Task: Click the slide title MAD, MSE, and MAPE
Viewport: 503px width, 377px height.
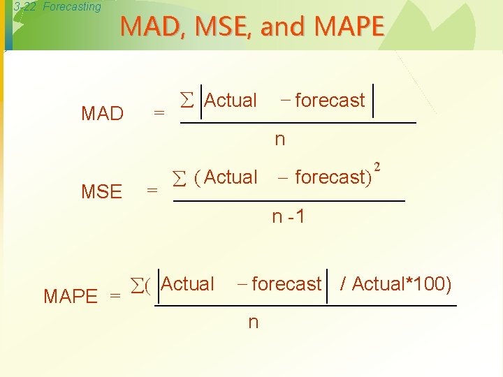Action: [252, 27]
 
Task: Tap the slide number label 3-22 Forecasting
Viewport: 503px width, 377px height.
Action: [57, 7]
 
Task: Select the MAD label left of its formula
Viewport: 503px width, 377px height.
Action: [102, 114]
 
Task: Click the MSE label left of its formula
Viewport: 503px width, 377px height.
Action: [101, 191]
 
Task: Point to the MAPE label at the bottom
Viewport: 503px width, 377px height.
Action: [71, 296]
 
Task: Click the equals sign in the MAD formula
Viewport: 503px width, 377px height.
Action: [159, 113]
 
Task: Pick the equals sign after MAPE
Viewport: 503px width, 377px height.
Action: [115, 296]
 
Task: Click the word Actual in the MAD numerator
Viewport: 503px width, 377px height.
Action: [231, 101]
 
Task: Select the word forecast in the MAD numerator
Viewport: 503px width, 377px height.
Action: [330, 101]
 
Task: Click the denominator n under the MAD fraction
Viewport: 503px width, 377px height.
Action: [279, 140]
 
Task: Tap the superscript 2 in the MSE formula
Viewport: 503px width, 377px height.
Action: [377, 167]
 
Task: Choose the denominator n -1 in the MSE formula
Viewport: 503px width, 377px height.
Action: [289, 217]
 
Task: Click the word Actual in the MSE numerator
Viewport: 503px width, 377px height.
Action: [231, 177]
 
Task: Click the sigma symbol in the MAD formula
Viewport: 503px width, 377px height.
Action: [186, 101]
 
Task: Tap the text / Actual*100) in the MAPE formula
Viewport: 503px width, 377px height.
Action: [395, 284]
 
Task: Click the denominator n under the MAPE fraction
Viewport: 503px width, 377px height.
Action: [253, 322]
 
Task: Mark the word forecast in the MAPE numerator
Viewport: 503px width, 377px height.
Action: [286, 284]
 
